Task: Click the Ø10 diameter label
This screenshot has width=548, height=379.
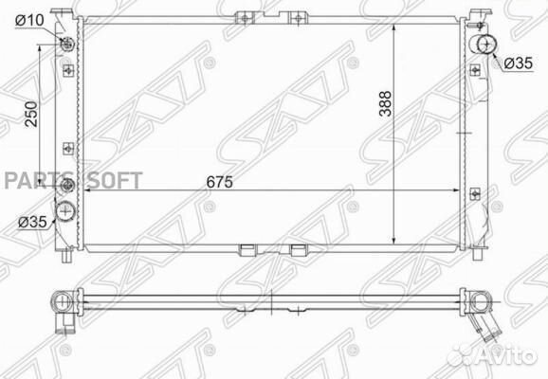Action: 29,21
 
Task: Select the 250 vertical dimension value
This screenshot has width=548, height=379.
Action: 31,114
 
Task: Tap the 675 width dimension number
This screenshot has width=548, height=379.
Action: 219,182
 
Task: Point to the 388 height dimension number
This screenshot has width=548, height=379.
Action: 386,103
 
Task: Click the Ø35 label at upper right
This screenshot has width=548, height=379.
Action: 519,63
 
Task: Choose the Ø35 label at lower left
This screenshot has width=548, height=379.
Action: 32,222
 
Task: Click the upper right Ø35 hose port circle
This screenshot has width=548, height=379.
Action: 486,45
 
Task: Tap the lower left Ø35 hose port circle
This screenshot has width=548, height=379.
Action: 65,211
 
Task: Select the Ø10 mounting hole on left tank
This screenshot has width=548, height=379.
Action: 67,45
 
